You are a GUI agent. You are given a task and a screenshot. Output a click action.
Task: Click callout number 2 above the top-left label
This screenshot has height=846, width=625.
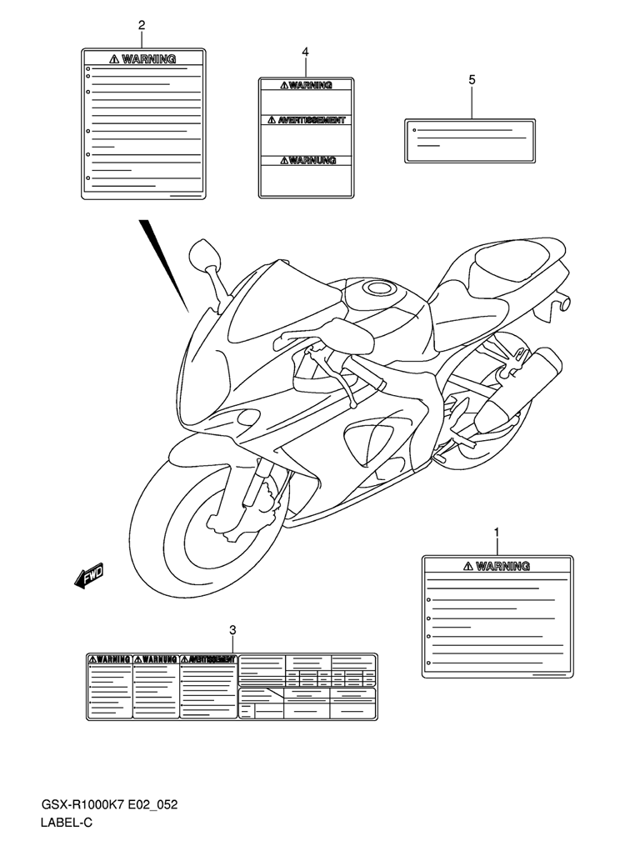pyautogui.click(x=142, y=25)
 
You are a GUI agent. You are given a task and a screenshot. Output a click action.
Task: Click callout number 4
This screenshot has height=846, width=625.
pyautogui.click(x=305, y=53)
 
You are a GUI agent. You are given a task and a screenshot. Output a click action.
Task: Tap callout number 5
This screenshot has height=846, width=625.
pyautogui.click(x=472, y=80)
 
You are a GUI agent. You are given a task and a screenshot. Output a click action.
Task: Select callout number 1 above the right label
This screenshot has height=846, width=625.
pyautogui.click(x=497, y=532)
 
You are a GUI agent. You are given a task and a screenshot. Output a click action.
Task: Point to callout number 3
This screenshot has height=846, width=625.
pyautogui.click(x=232, y=629)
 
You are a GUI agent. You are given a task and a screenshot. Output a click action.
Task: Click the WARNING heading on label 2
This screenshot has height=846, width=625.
pyautogui.click(x=143, y=59)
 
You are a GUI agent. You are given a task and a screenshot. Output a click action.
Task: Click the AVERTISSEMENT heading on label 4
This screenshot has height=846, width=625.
pyautogui.click(x=306, y=121)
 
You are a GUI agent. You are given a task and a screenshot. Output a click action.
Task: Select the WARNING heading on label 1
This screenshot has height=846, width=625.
pyautogui.click(x=497, y=567)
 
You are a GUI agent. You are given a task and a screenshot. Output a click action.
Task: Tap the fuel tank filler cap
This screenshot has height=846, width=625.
pyautogui.click(x=380, y=289)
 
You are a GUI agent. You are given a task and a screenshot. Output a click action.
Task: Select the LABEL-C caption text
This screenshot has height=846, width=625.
pyautogui.click(x=67, y=824)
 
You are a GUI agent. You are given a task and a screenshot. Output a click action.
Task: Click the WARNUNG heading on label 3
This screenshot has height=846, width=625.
pyautogui.click(x=156, y=659)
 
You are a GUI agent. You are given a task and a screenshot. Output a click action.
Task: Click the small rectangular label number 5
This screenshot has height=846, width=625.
pyautogui.click(x=470, y=139)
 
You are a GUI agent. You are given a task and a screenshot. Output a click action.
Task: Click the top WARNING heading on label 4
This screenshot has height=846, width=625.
pyautogui.click(x=306, y=85)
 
